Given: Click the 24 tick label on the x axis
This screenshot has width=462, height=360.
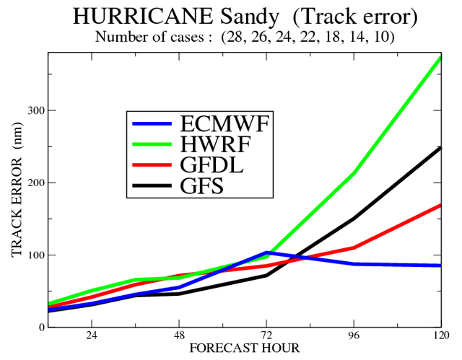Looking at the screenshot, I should coord(92,336).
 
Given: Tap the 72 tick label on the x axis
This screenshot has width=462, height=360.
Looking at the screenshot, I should coord(266,336).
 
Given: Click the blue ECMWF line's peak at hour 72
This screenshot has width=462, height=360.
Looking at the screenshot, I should coord(267,253).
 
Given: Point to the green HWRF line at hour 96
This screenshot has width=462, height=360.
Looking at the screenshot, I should coord(354,172).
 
